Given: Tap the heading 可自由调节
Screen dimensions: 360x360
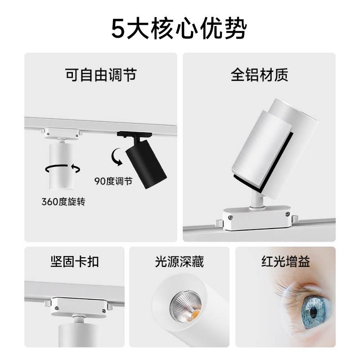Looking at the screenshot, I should pyautogui.click(x=101, y=74).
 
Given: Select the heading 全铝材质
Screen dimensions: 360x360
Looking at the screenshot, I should pyautogui.click(x=259, y=74).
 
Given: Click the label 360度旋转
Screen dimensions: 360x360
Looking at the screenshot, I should pyautogui.click(x=63, y=202).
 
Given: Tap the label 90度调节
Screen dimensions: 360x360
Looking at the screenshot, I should pyautogui.click(x=113, y=181).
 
